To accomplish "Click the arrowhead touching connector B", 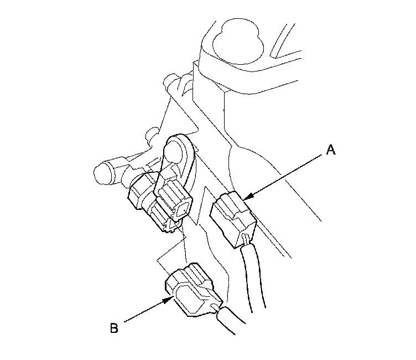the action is click(x=170, y=300).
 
